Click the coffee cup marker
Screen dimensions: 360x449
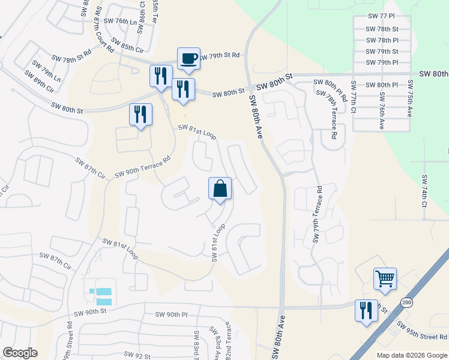pos(188,59)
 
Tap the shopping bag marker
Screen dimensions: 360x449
pos(220,188)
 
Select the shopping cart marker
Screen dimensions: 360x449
pos(385,278)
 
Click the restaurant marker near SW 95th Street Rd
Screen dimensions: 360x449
pos(366,310)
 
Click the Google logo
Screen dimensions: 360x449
pos(20,353)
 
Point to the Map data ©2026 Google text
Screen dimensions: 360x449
pos(412,355)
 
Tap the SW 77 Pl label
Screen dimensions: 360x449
pos(382,18)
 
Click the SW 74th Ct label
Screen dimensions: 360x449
pos(424,191)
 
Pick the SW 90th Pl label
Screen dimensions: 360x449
pos(172,314)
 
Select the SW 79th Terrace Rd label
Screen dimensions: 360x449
pos(316,214)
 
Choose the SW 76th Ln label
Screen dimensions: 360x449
pos(120,21)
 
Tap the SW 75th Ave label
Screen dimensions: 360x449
pos(410,99)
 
